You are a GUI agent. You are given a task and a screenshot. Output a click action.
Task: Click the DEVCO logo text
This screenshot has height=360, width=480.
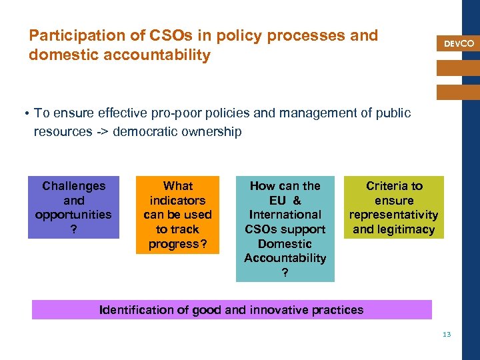459,43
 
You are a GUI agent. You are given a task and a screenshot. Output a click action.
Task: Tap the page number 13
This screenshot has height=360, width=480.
447,334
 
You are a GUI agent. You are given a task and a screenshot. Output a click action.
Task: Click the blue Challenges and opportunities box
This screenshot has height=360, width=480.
73,207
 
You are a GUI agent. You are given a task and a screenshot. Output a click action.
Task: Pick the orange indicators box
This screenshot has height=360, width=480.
177,215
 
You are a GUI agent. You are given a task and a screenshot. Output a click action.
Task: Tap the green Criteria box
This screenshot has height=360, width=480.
394,207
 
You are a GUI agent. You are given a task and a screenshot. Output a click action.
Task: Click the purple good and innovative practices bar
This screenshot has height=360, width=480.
231,309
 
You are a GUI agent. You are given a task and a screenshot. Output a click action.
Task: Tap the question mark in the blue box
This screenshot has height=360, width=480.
73,229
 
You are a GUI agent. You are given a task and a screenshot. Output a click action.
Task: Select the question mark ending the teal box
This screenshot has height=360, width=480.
285,272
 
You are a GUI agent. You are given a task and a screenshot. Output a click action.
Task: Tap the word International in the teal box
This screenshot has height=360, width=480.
285,215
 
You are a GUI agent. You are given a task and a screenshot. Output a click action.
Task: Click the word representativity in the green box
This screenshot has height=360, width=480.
394,215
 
